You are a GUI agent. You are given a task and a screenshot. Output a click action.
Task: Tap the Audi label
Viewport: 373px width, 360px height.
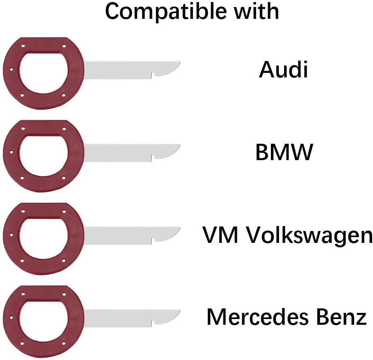pos(283,70)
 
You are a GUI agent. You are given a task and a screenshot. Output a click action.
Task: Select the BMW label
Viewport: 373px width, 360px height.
pos(284,153)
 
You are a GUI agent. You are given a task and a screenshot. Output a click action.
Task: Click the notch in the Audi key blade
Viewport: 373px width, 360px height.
pos(152,75)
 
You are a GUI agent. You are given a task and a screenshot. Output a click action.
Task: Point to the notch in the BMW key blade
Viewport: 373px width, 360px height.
pos(152,158)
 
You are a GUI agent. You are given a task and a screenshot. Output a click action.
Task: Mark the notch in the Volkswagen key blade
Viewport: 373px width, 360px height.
pos(152,241)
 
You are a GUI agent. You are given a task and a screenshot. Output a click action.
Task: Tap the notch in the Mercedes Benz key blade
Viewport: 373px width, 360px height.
pos(152,324)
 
